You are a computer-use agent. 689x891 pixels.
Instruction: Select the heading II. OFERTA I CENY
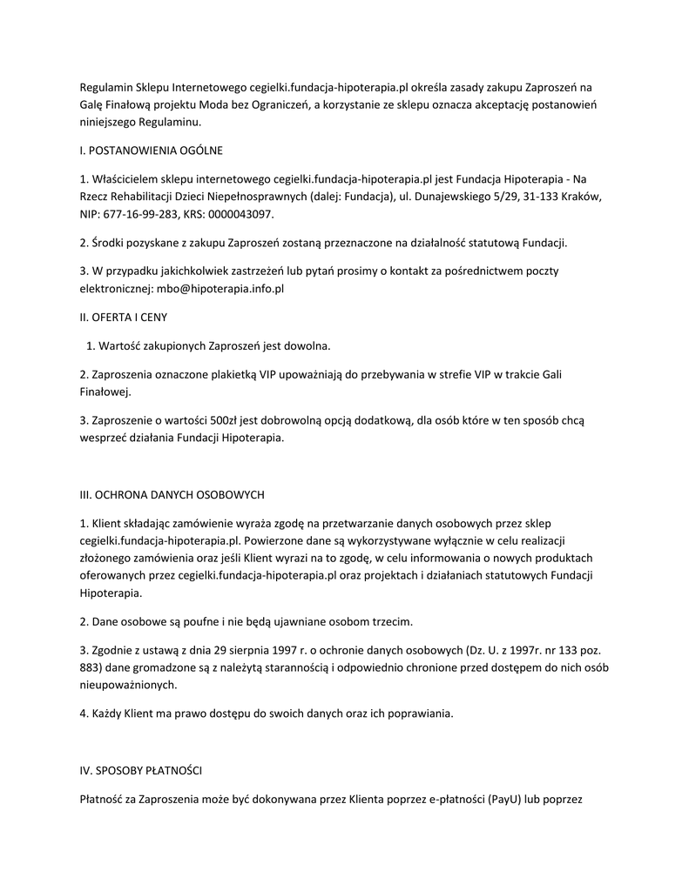[123, 317]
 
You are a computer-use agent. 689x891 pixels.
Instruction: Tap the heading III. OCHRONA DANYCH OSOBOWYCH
[172, 494]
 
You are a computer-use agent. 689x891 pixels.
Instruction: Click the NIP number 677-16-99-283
[139, 213]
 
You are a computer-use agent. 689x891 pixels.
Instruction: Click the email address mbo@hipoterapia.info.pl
[220, 287]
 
